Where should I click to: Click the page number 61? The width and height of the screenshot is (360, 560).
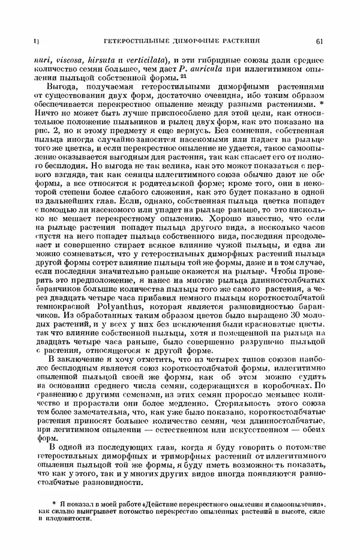(319, 41)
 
